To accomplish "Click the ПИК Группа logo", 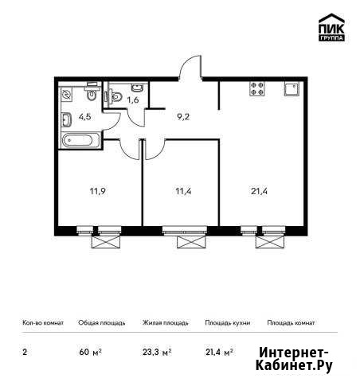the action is coord(331,27).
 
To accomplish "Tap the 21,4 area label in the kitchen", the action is coord(259,191).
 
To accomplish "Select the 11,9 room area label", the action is coord(98,191).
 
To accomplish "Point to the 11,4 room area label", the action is coord(183,191).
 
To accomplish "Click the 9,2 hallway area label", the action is coord(183,117).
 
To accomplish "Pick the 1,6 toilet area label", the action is coord(133,100).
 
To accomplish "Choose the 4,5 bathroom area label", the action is coord(85,117).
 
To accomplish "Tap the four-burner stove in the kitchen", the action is coord(257,88).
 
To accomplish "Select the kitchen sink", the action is coord(292,88).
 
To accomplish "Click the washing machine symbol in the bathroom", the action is coord(66,95).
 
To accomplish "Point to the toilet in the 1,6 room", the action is coord(113,96).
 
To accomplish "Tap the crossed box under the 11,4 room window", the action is coord(191,242).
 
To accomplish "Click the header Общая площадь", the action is coord(102,323).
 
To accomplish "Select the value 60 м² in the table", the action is coord(91,353).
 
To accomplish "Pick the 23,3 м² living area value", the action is coord(157,353).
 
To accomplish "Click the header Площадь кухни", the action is coord(228,323).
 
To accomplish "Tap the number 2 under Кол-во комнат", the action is coord(25,353).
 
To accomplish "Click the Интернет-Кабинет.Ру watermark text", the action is coord(294,360).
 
